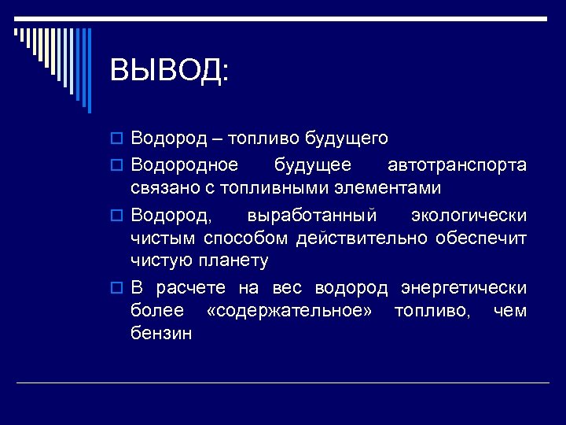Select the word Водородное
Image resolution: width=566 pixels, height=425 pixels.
pyautogui.click(x=184, y=164)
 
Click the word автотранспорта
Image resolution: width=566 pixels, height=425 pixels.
pyautogui.click(x=457, y=164)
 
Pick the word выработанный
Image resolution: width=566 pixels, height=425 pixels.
pyautogui.click(x=311, y=215)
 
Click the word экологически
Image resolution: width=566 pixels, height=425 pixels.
pyautogui.click(x=469, y=215)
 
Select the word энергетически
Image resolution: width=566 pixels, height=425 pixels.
pyautogui.click(x=463, y=287)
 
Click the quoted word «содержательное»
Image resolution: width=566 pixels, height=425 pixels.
pyautogui.click(x=289, y=311)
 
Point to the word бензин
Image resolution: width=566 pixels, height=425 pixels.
pyautogui.click(x=161, y=334)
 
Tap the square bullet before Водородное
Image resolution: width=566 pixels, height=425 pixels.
pyautogui.click(x=117, y=165)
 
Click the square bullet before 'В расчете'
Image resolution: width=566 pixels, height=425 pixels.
pyautogui.click(x=117, y=288)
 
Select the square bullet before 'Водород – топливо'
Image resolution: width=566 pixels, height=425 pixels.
pyautogui.click(x=117, y=139)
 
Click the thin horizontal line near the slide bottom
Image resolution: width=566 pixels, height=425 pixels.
pyautogui.click(x=283, y=382)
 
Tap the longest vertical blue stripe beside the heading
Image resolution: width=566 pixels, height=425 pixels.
pyautogui.click(x=89, y=71)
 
